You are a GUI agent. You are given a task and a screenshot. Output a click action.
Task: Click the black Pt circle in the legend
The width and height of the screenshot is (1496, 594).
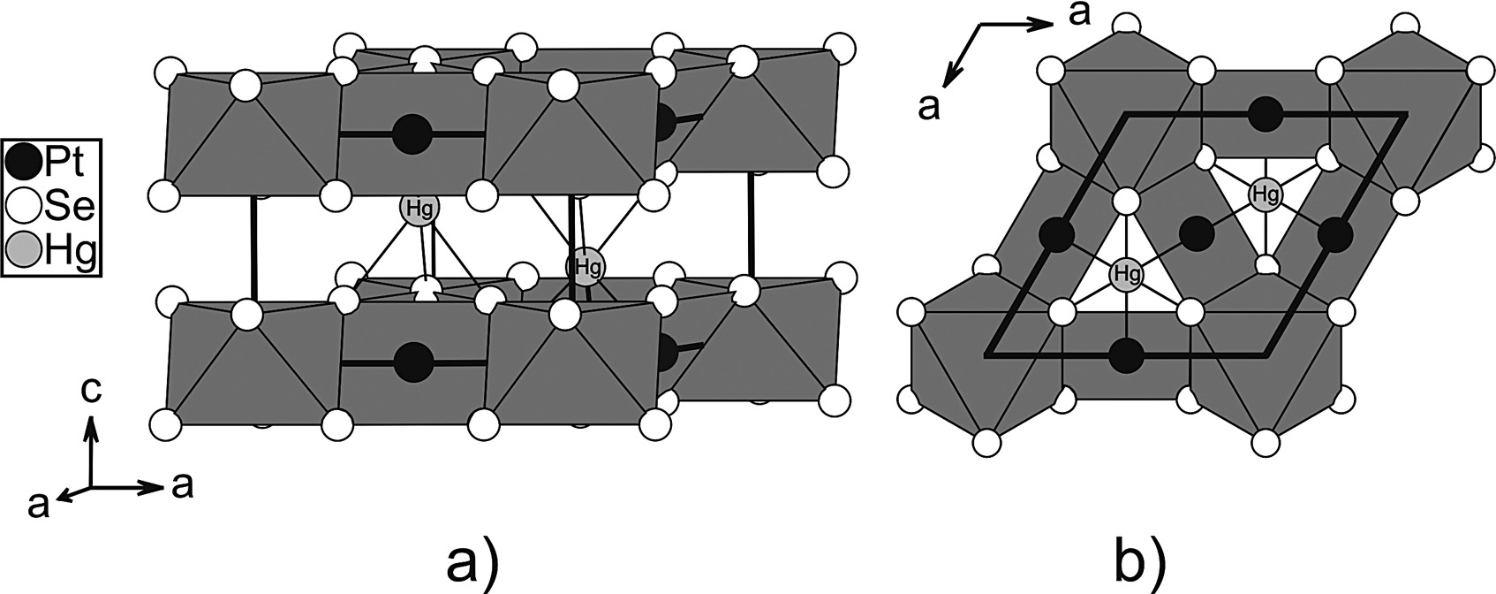pyautogui.click(x=21, y=161)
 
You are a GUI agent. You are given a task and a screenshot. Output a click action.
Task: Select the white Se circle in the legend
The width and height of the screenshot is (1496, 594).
pyautogui.click(x=21, y=208)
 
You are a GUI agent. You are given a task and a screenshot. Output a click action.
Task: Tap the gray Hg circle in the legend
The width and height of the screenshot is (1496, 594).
pyautogui.click(x=21, y=252)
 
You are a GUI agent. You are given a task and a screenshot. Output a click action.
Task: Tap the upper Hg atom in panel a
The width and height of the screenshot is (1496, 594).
pyautogui.click(x=418, y=209)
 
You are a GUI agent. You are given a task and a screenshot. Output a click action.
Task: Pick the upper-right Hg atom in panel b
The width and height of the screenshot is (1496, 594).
pyautogui.click(x=1266, y=193)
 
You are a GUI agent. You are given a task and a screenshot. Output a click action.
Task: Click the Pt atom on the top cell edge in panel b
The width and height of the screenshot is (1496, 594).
pyautogui.click(x=1266, y=112)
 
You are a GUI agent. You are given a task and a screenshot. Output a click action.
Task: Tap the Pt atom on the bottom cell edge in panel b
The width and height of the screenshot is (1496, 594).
pyautogui.click(x=1125, y=355)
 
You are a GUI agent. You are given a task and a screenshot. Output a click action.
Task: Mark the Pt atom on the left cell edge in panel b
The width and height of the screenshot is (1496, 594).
pyautogui.click(x=1055, y=235)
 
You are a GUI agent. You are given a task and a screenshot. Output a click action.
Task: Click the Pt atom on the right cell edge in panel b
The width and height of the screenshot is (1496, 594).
pyautogui.click(x=1335, y=234)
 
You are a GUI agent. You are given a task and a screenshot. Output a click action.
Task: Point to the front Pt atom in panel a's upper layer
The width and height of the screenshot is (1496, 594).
pyautogui.click(x=412, y=134)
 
